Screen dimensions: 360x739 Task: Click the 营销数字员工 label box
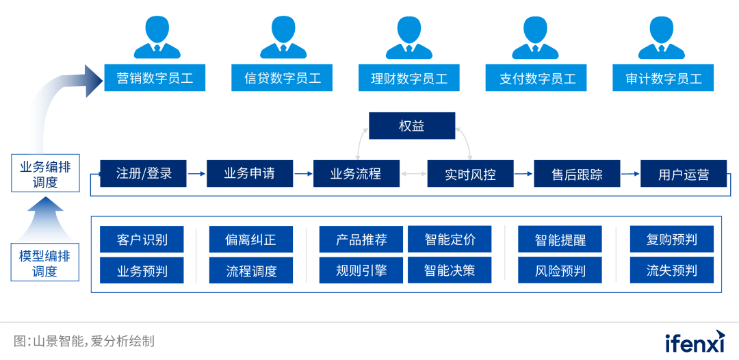point(155,78)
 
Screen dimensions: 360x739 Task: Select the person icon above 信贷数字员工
point(283,37)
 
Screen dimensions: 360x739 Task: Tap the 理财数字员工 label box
point(409,78)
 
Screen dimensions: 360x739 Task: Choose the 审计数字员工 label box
point(663,78)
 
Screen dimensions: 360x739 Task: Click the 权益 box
point(412,126)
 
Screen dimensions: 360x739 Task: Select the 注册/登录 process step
point(143,174)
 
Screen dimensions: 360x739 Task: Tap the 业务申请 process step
point(250,174)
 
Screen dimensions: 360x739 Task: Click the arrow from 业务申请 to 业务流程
point(303,174)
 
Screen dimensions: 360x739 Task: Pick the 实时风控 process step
point(470,174)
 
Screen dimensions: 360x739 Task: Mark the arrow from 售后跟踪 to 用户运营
point(630,174)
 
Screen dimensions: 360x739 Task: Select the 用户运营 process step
point(683,174)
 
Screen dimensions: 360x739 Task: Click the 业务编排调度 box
point(45,174)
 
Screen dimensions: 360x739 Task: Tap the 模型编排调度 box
point(45,263)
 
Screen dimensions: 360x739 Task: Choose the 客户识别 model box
point(142,240)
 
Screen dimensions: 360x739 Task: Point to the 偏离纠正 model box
point(250,240)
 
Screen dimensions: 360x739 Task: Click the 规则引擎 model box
point(361,270)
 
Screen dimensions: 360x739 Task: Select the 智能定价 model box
point(450,240)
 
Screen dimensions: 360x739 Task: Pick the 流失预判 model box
point(671,270)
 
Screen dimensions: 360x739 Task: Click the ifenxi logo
point(695,341)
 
